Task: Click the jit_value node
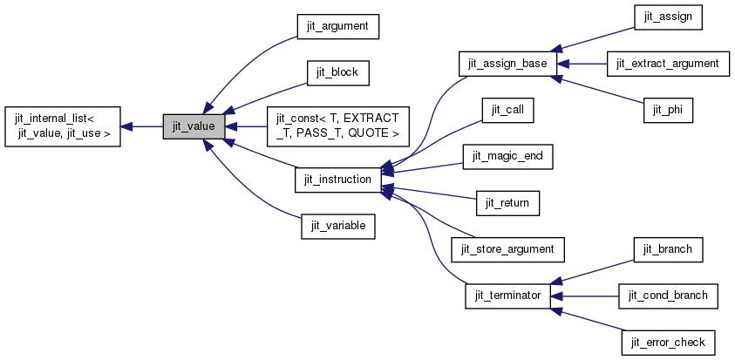194,126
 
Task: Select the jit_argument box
337,27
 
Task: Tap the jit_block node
338,72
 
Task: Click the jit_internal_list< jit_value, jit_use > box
62,126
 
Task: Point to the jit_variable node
338,226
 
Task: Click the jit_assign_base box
507,64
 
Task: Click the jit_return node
507,203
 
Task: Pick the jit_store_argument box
507,248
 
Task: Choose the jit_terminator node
507,295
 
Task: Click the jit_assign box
667,17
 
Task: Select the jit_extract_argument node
667,64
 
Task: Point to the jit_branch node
667,248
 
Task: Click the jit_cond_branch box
667,295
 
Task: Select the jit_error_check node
667,341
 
